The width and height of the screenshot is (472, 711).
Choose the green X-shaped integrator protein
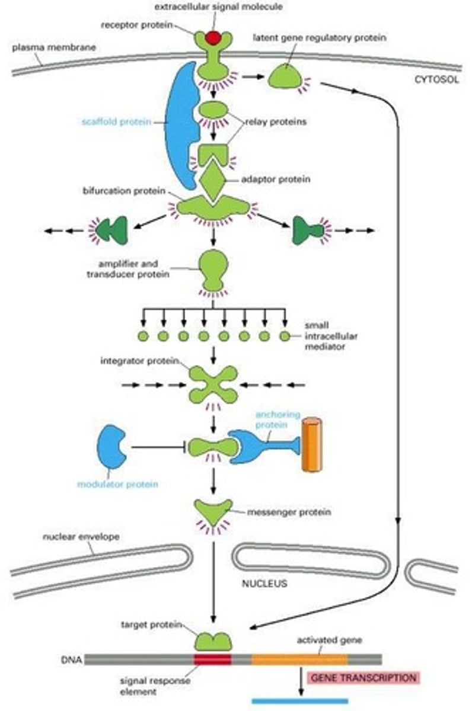[x=213, y=385]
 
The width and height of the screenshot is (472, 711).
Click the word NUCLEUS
[x=264, y=584]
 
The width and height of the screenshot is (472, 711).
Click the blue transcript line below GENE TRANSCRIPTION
[x=299, y=701]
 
